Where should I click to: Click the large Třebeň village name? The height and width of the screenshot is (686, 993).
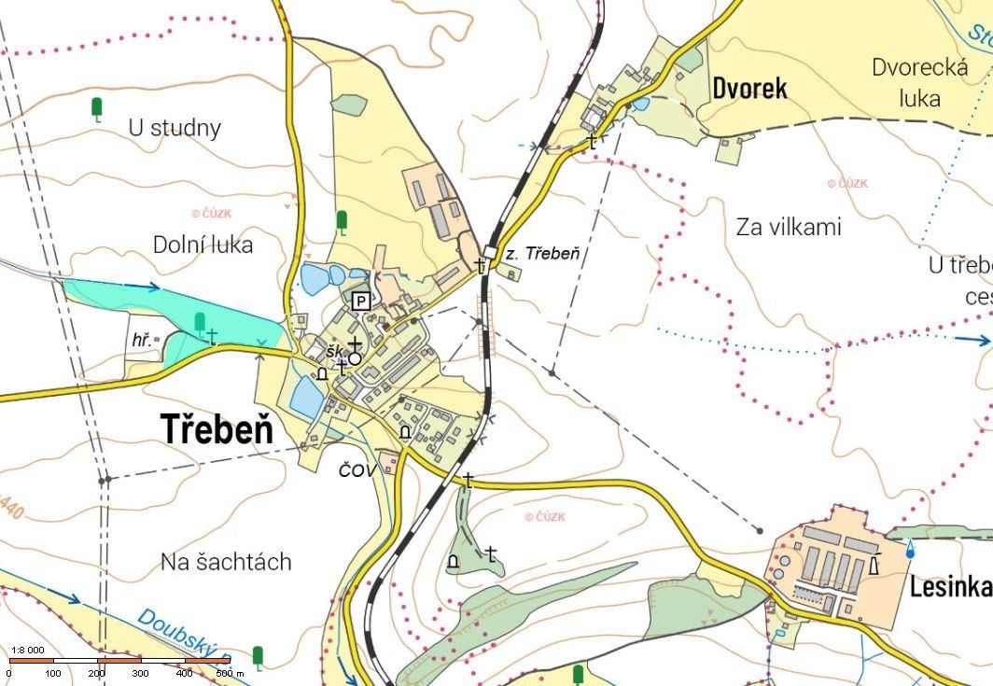tap(217, 429)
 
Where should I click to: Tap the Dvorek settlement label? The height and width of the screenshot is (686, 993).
tap(749, 89)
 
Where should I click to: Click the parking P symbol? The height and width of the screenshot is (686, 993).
tap(361, 301)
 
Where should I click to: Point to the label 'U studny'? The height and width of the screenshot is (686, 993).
tap(175, 128)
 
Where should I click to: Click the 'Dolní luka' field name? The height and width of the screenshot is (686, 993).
tap(203, 245)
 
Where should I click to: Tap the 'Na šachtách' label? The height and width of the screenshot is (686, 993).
tap(226, 562)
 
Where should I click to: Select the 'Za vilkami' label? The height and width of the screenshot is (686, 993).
tap(789, 227)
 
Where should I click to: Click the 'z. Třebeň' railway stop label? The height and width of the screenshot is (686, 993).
tap(542, 254)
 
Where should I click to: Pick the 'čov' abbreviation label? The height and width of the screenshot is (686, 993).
tap(357, 469)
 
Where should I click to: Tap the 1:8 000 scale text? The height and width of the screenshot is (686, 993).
tap(28, 650)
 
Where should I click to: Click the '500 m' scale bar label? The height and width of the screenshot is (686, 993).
tap(230, 673)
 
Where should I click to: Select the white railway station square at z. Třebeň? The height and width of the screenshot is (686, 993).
tap(489, 250)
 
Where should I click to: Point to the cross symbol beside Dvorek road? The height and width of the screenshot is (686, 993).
tap(592, 142)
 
